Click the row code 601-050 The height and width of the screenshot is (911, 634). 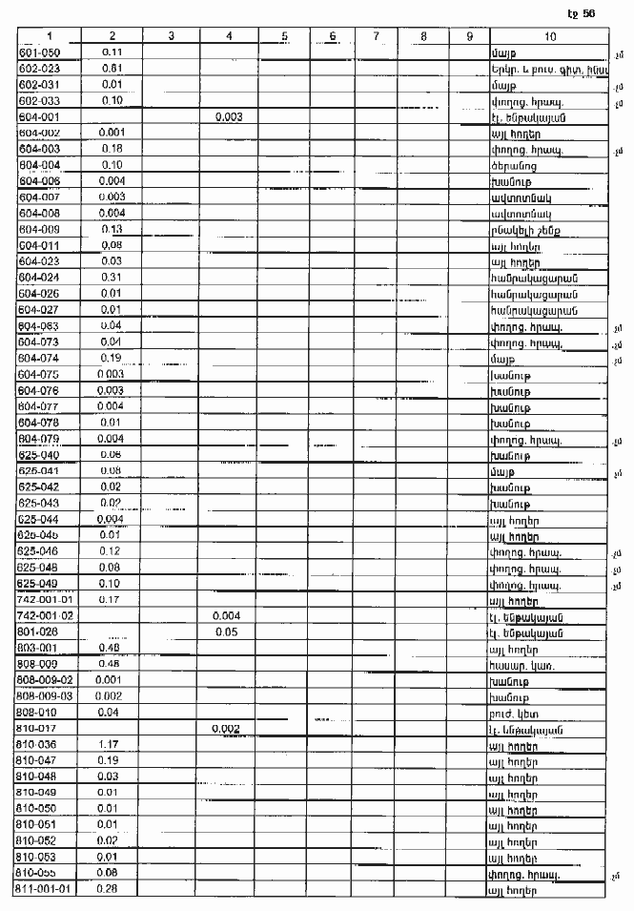point(39,52)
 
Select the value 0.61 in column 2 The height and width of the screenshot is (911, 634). point(111,69)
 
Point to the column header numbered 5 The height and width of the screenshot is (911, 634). point(286,36)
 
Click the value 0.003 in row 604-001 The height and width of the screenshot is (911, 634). point(229,116)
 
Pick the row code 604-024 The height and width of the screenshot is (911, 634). point(39,277)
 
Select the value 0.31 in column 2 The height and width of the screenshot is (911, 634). point(112,277)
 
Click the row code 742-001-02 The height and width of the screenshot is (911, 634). point(47,615)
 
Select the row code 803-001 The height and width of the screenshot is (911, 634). point(39,648)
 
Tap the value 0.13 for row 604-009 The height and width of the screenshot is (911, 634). point(112,229)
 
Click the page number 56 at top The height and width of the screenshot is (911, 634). point(587,12)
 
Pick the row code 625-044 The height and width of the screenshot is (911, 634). point(39,519)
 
